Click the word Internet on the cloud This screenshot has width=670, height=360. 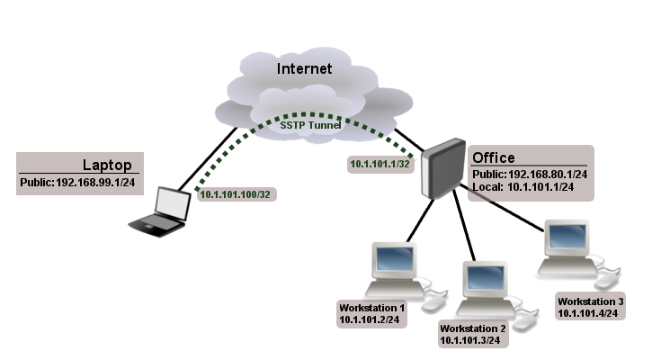[x=304, y=68]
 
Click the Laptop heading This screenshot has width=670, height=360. [x=107, y=165]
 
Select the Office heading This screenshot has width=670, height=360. [x=494, y=158]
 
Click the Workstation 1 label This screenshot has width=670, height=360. [x=371, y=307]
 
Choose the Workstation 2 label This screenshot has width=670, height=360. [x=472, y=328]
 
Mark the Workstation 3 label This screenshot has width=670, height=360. [x=590, y=301]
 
